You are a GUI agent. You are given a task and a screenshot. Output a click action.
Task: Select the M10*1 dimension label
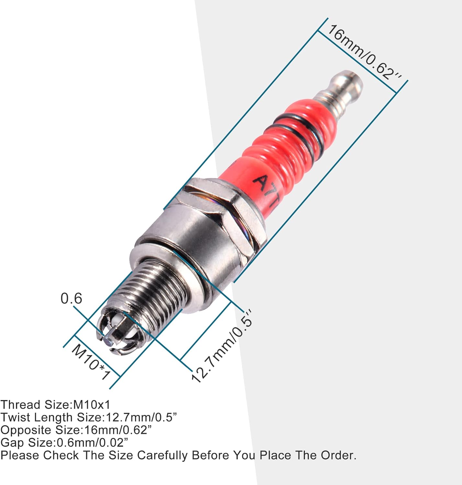pyautogui.click(x=91, y=362)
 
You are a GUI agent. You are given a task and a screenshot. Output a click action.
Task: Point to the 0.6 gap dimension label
pyautogui.click(x=71, y=298)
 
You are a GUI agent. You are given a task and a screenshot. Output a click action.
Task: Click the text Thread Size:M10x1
pyautogui.click(x=55, y=405)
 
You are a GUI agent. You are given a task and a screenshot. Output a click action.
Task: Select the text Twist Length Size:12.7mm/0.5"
pyautogui.click(x=89, y=417)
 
